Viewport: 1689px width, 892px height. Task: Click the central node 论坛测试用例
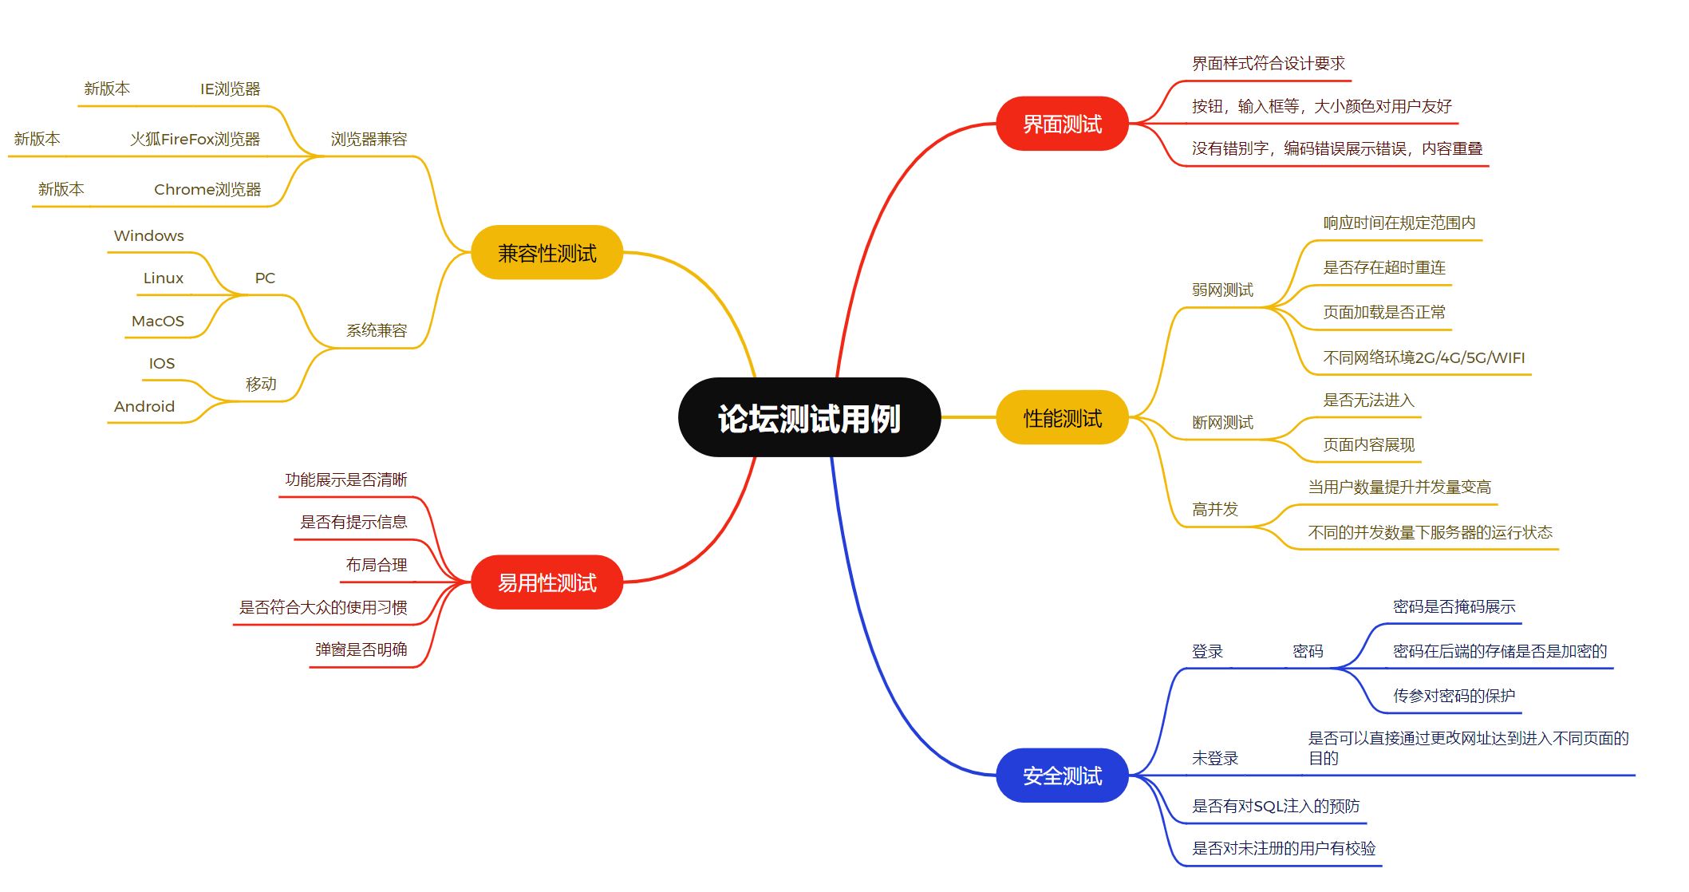[x=809, y=418]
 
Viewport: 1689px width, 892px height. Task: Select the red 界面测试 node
[x=1062, y=124]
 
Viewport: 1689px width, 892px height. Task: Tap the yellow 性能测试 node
[x=1062, y=418]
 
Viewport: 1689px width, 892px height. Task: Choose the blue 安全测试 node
[x=1062, y=776]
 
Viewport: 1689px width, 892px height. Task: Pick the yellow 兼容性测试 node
[x=547, y=253]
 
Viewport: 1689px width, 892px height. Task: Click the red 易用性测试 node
[x=547, y=582]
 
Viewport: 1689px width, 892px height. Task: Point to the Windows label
[x=148, y=236]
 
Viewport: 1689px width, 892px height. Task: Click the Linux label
[x=163, y=278]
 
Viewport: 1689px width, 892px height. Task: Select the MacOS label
[x=157, y=322]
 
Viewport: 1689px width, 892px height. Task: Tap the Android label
[x=144, y=407]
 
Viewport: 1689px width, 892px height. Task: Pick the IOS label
[x=161, y=364]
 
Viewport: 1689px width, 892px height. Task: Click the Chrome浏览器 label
[x=207, y=190]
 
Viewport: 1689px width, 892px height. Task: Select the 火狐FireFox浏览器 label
[x=195, y=140]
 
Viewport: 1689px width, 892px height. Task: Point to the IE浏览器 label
[x=230, y=89]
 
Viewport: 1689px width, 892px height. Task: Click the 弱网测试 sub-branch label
[x=1222, y=290]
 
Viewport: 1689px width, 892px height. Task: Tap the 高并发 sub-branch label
[x=1214, y=510]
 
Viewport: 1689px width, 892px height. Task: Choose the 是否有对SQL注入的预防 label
[x=1275, y=807]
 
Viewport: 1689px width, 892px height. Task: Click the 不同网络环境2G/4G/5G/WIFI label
[x=1423, y=358]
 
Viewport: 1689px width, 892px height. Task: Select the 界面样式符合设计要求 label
[x=1268, y=64]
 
